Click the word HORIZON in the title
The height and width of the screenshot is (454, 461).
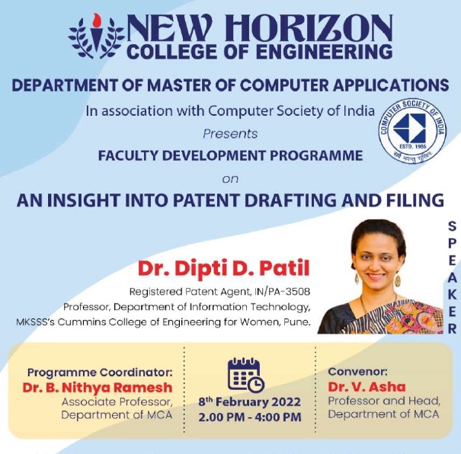318,29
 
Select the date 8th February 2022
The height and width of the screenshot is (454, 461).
249,401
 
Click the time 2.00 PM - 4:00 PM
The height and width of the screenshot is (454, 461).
249,417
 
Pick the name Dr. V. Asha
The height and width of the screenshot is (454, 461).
367,386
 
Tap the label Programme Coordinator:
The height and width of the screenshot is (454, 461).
100,372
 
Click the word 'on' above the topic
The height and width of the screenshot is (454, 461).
229,179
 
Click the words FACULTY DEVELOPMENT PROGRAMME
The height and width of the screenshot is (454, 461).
230,155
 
